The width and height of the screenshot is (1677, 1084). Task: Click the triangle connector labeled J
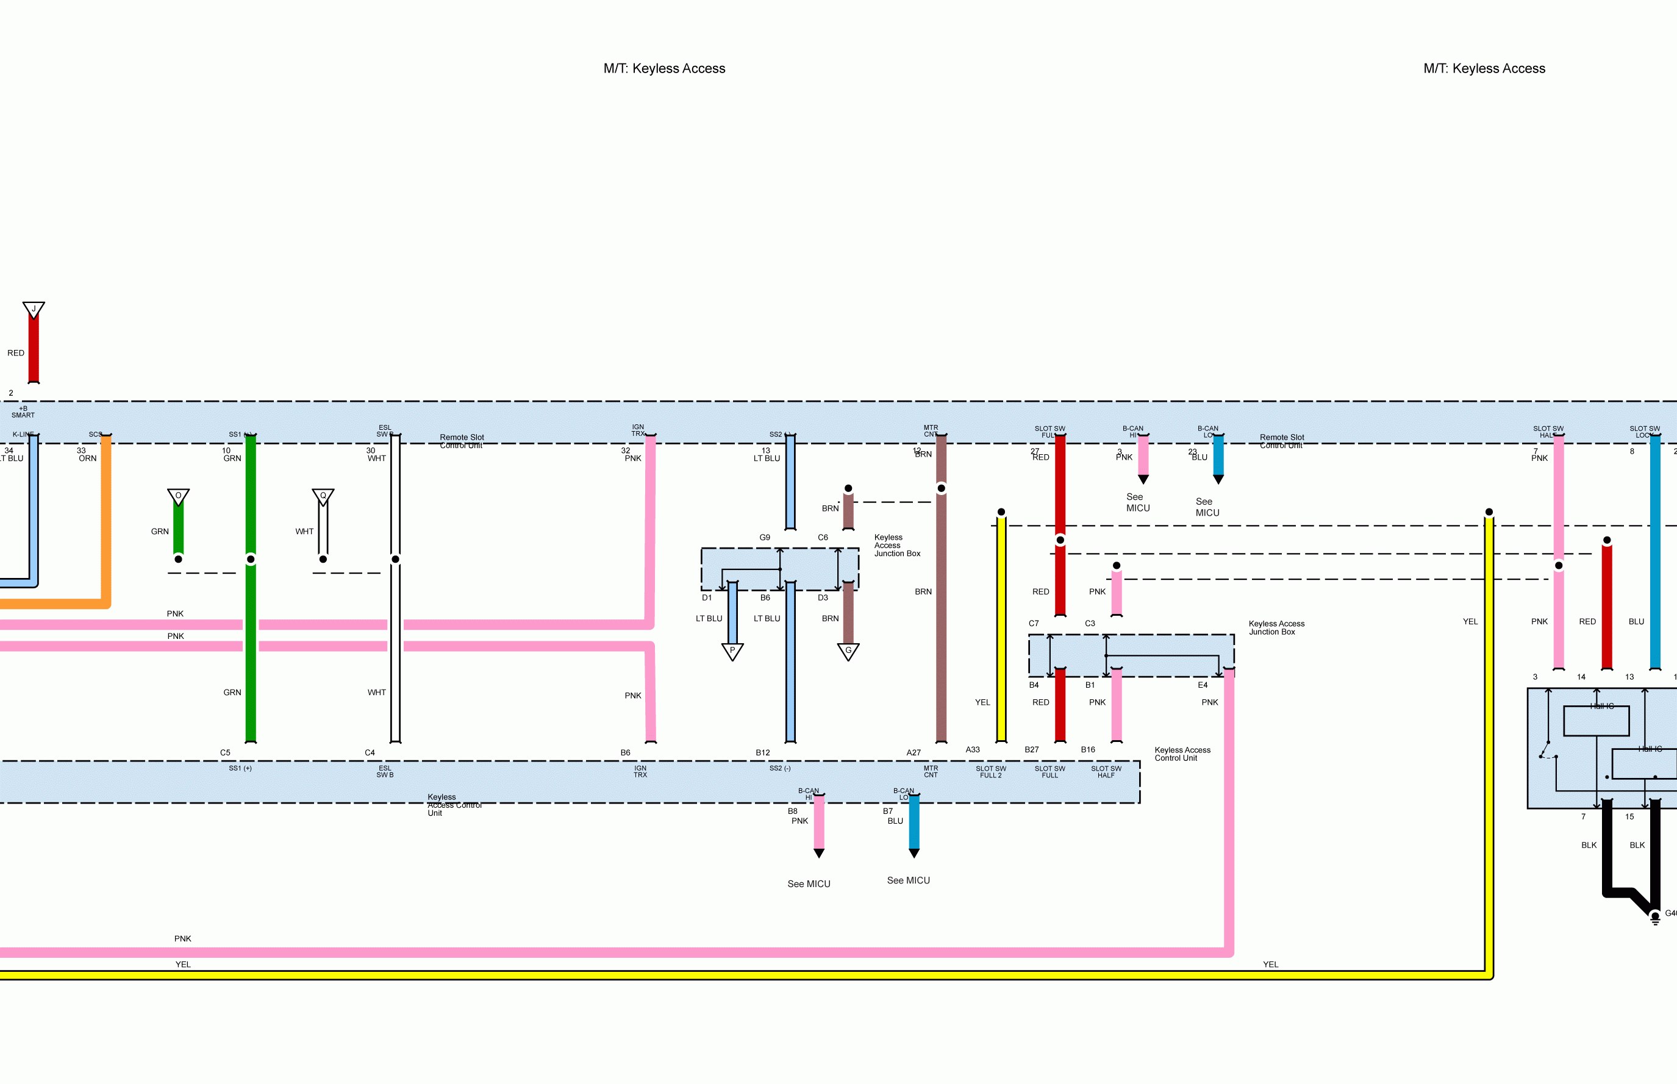coord(33,309)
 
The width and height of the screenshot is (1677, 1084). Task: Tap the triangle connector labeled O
coord(178,496)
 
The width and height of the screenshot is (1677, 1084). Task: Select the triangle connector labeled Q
coord(323,496)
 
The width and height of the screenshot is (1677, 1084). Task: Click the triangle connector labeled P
coord(732,651)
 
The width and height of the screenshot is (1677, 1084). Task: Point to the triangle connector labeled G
coord(848,651)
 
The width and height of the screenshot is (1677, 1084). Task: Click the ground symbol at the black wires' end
coord(1655,917)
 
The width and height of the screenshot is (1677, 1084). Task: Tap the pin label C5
coord(225,752)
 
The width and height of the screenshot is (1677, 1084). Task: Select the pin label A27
coord(913,752)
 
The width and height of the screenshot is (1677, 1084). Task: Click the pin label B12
coord(762,752)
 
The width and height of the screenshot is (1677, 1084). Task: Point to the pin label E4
coord(1203,685)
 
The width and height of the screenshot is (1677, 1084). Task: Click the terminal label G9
coord(765,537)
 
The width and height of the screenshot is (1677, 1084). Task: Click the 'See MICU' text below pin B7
coord(908,880)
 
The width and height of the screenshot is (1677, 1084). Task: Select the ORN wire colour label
coord(87,458)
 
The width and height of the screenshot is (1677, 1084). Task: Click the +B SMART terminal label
coord(23,412)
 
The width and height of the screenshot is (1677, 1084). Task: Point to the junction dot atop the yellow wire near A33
coord(1001,512)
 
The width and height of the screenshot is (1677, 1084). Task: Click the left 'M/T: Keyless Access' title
coord(664,68)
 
